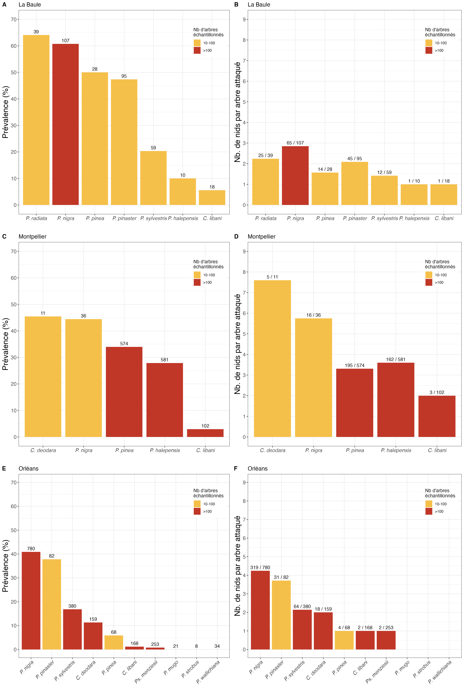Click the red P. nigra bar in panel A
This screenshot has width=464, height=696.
pyautogui.click(x=65, y=124)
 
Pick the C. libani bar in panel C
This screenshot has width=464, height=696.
pyautogui.click(x=205, y=433)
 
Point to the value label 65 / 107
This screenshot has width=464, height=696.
pyautogui.click(x=295, y=143)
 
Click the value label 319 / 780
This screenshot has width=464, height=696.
pyautogui.click(x=260, y=567)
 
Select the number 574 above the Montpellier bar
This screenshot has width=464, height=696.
pyautogui.click(x=124, y=344)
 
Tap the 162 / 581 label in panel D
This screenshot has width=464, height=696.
pyautogui.click(x=396, y=359)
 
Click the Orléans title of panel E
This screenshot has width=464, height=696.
pyautogui.click(x=28, y=468)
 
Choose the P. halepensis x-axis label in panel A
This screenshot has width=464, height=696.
pyautogui.click(x=183, y=218)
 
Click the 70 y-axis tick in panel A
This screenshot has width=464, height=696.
pyautogui.click(x=14, y=19)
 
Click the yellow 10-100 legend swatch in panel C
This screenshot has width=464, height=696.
pyautogui.click(x=197, y=275)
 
